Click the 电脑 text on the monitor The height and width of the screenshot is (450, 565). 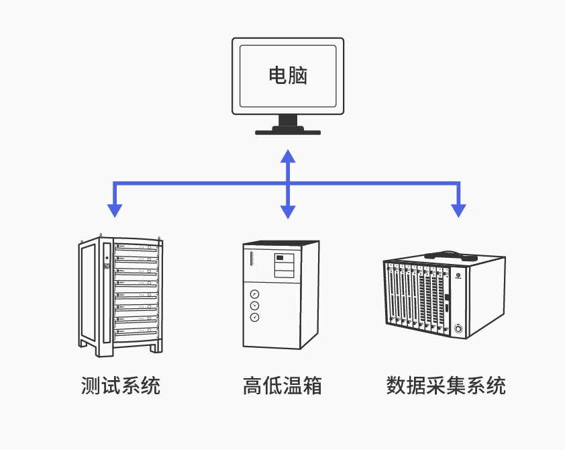288,75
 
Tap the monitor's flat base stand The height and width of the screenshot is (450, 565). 287,132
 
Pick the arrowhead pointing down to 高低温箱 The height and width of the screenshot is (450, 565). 288,211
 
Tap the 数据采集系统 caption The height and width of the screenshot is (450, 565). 446,386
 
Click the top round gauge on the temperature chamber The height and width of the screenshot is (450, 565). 254,294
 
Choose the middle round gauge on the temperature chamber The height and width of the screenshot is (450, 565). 254,306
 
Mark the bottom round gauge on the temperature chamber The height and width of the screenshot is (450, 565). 254,317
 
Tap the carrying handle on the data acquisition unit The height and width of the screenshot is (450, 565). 449,256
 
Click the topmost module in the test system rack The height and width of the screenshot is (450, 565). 137,249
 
